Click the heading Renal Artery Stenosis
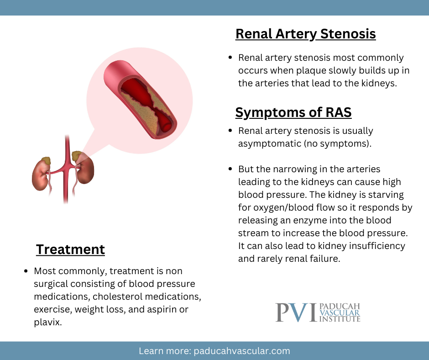pyautogui.click(x=305, y=34)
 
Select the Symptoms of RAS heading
pyautogui.click(x=293, y=112)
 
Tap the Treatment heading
pyautogui.click(x=70, y=249)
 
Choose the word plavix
pyautogui.click(x=47, y=323)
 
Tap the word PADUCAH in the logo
pyautogui.click(x=340, y=307)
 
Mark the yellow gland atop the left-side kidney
pyautogui.click(x=46, y=161)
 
